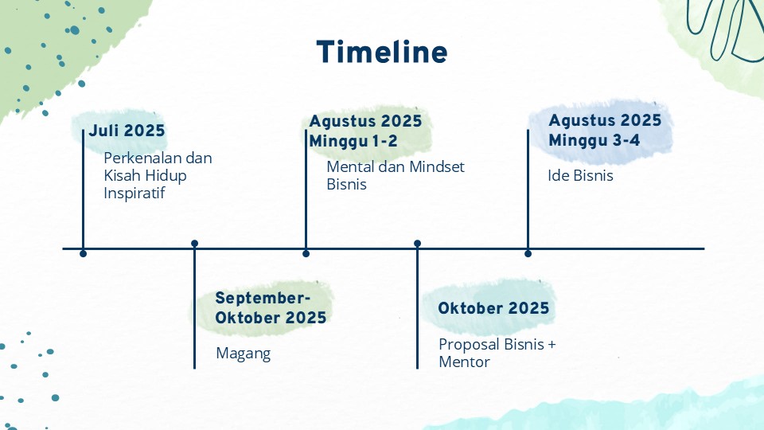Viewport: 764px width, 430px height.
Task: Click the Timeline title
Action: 382,52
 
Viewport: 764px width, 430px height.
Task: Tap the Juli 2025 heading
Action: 127,131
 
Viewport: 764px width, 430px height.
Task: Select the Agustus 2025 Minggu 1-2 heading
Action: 365,131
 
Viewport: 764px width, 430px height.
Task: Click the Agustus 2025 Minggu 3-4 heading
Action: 605,130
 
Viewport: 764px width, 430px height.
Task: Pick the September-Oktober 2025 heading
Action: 271,307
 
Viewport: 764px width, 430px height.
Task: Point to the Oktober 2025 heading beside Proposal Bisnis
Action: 493,308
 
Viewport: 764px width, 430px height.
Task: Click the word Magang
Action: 244,354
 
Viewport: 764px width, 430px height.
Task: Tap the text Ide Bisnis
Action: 580,175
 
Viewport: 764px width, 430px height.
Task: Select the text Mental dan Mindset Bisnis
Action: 396,175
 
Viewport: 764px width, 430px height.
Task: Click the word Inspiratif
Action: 134,193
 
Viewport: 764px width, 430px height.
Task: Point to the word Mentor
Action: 464,362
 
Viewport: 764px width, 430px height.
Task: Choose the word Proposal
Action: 470,345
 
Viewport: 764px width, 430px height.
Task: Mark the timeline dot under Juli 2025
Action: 84,253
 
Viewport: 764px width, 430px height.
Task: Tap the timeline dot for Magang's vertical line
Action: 194,244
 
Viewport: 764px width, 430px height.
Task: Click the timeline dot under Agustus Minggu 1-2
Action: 306,253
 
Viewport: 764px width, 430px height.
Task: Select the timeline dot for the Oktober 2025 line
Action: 417,244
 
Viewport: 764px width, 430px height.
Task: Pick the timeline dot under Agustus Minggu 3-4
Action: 528,253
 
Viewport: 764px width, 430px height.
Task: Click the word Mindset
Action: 437,166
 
